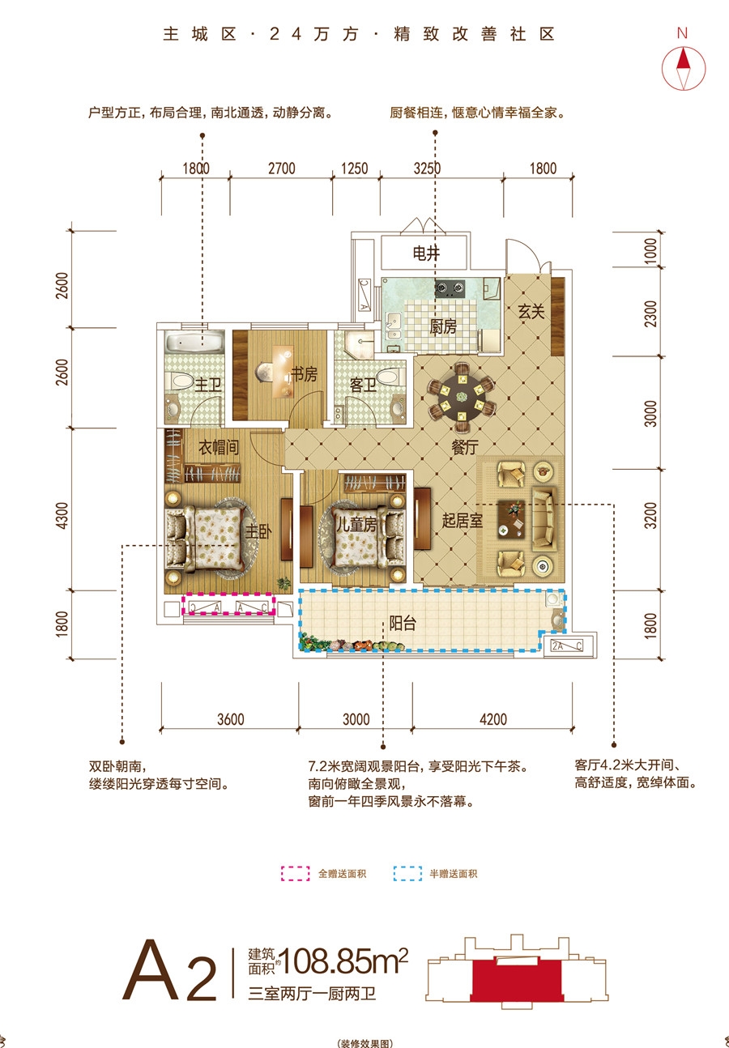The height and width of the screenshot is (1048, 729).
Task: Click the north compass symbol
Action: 683,68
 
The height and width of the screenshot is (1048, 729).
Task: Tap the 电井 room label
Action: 426,253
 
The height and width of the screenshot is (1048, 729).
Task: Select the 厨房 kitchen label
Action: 443,327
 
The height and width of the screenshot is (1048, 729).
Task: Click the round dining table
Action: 462,398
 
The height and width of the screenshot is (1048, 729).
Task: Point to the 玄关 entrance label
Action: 531,312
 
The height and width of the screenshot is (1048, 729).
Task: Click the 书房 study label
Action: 304,374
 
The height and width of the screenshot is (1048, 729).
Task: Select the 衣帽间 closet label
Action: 219,448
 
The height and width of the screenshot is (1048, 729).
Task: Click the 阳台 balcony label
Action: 403,623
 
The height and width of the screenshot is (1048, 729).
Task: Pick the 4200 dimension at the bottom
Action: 493,718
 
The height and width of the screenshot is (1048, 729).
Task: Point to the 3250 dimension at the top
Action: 427,168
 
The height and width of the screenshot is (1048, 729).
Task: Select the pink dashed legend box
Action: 296,873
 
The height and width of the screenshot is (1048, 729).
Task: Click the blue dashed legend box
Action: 407,873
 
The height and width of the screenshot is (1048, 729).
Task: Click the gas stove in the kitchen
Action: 450,288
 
